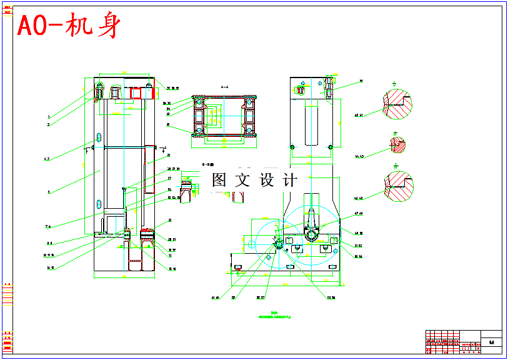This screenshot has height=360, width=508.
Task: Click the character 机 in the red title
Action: (x=81, y=27)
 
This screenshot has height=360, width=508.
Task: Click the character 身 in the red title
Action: (x=107, y=27)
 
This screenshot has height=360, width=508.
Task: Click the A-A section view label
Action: (x=224, y=87)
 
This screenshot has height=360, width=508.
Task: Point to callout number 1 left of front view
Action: (x=48, y=117)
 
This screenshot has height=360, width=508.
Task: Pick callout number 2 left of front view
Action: (x=48, y=124)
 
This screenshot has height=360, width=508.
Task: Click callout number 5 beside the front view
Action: (x=48, y=192)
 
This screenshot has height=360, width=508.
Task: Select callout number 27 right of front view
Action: (x=169, y=178)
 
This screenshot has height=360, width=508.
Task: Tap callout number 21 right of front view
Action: (x=169, y=154)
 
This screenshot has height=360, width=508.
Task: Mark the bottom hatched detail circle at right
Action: (x=398, y=186)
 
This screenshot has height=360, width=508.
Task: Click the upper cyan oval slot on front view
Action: (x=99, y=137)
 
